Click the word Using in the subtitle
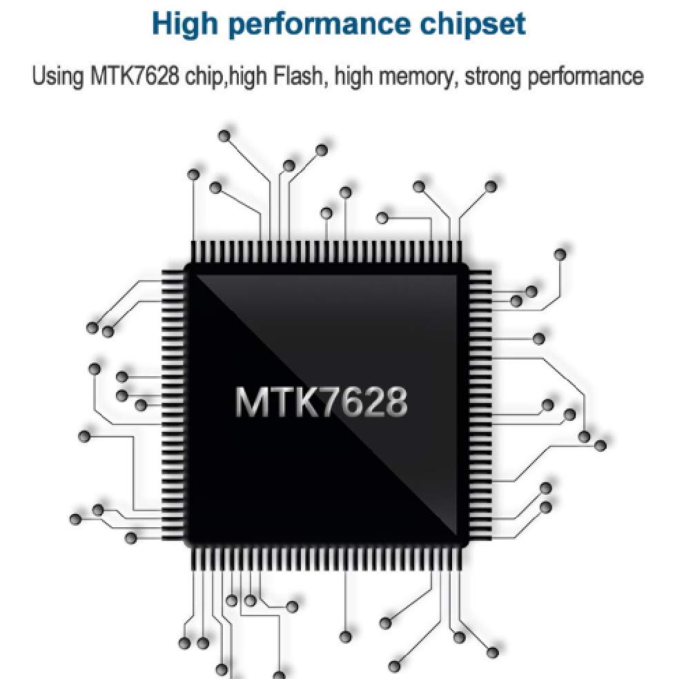coord(57,75)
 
